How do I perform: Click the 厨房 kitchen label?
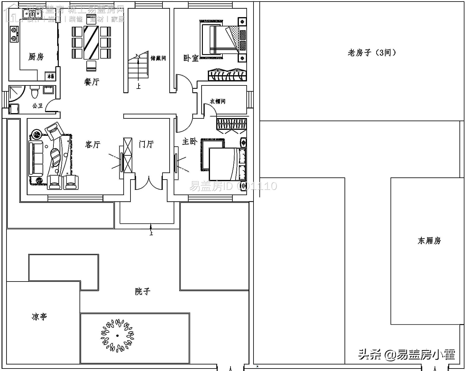pos(36,57)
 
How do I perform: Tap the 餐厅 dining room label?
pos(92,82)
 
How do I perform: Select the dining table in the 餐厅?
pos(91,43)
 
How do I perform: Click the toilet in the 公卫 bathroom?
pos(34,92)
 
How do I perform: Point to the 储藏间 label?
pos(158,58)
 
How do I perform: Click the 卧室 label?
pos(191,58)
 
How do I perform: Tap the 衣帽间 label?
pos(217,101)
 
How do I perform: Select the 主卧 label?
pos(190,142)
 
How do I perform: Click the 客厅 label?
pos(93,144)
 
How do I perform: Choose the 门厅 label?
pos(146,144)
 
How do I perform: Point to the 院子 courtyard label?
pos(143,291)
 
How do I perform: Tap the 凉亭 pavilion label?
pos(39,317)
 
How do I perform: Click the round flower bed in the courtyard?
pos(117,336)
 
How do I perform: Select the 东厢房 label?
pos(429,241)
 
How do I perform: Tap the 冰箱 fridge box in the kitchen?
pos(50,76)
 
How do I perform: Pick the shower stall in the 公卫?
pos(16,94)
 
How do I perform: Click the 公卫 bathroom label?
pos(38,106)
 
